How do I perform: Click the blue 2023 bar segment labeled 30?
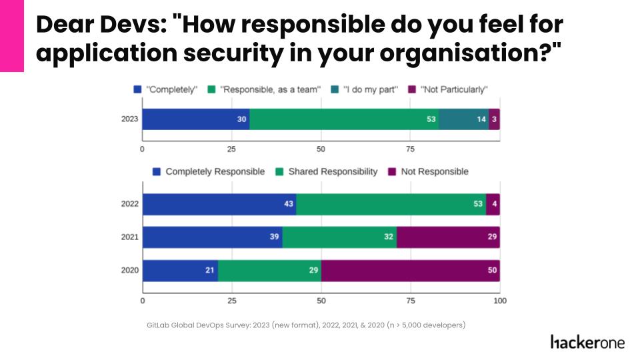point(195,119)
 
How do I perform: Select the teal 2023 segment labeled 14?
point(463,119)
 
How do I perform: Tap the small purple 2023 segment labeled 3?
point(494,119)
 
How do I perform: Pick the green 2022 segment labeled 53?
point(391,204)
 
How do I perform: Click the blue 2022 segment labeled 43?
point(219,204)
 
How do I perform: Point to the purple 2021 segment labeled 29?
point(448,237)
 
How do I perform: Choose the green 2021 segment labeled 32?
point(339,237)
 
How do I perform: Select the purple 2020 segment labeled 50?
point(410,271)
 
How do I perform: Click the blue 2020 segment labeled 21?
point(180,271)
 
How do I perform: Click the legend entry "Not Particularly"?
point(453,89)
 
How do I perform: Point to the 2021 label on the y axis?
point(129,237)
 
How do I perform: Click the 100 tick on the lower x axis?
point(499,301)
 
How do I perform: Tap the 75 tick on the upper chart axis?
point(410,148)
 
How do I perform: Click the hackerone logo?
point(588,342)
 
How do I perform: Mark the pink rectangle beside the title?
point(11,36)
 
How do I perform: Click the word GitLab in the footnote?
point(159,325)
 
